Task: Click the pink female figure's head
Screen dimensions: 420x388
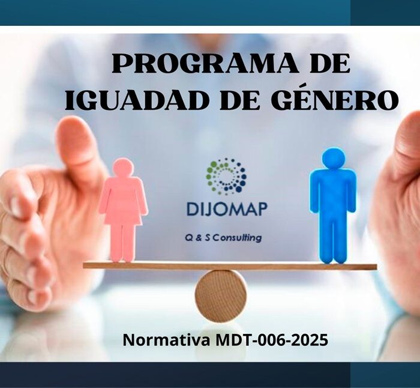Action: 123,168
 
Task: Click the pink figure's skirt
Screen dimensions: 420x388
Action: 123,214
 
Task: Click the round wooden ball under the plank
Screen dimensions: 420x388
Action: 220,295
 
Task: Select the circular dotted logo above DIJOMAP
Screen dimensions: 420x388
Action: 226,175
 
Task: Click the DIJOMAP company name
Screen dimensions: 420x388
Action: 227,210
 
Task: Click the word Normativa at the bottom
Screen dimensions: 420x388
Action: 166,340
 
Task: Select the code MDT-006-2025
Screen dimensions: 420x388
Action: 271,340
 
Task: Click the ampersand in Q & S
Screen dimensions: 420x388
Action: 199,238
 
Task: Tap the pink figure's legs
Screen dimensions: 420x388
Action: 123,243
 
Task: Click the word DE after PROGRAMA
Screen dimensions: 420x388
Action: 330,64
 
